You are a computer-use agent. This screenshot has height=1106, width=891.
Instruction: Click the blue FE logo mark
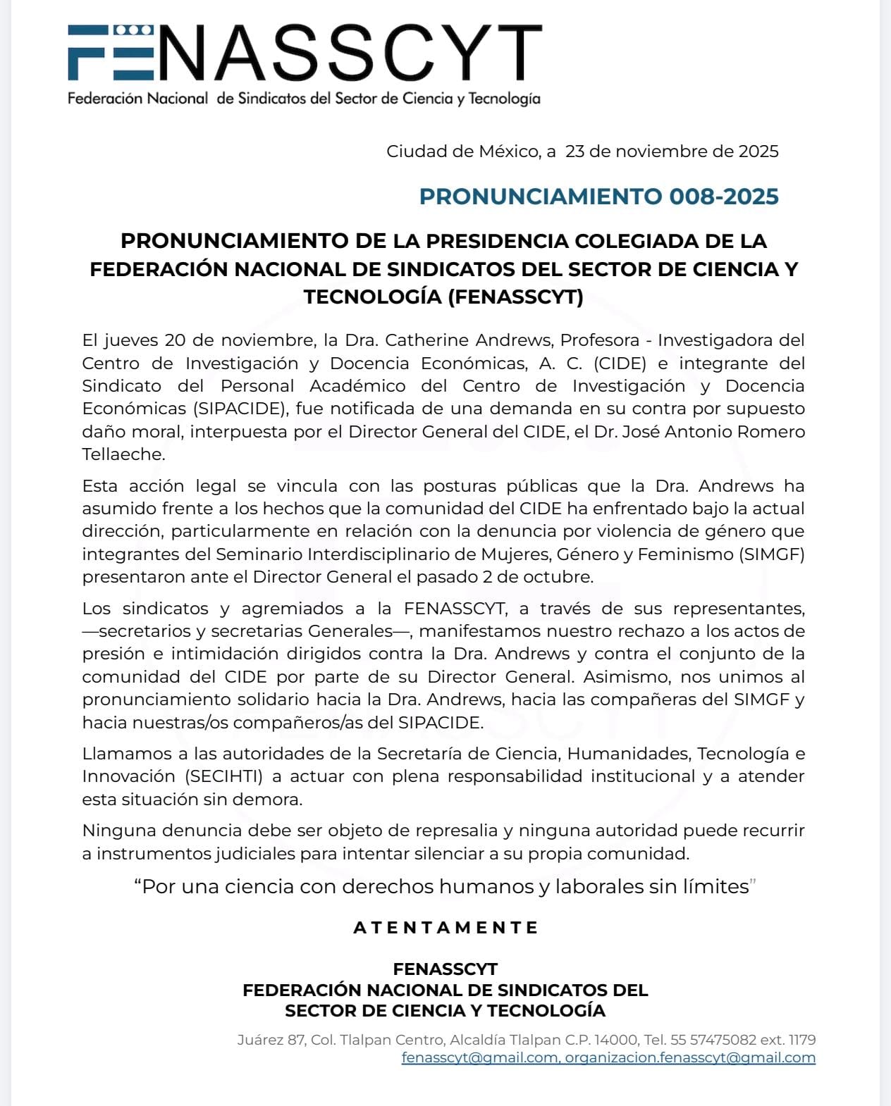pos(110,52)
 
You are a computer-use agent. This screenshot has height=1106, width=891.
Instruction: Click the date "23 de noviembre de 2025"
pos(672,151)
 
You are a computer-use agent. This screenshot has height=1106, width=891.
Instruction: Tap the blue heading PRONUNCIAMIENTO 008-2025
pos(598,197)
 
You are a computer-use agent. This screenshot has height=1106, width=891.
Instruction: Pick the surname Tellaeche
pos(123,454)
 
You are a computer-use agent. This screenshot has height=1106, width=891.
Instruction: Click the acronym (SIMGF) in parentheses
pos(772,554)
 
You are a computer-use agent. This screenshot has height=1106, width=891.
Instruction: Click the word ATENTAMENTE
pos(445,928)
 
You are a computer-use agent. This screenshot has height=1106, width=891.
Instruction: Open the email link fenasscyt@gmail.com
pos(479,1057)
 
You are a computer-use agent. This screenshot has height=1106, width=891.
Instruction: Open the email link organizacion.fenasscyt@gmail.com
pos(690,1057)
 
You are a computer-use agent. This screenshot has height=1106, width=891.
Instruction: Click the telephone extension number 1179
pos(802,1040)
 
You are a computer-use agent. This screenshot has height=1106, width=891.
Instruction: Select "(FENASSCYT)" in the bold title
pos(515,297)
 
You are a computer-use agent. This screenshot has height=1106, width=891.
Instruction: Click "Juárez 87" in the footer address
pos(271,1040)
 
